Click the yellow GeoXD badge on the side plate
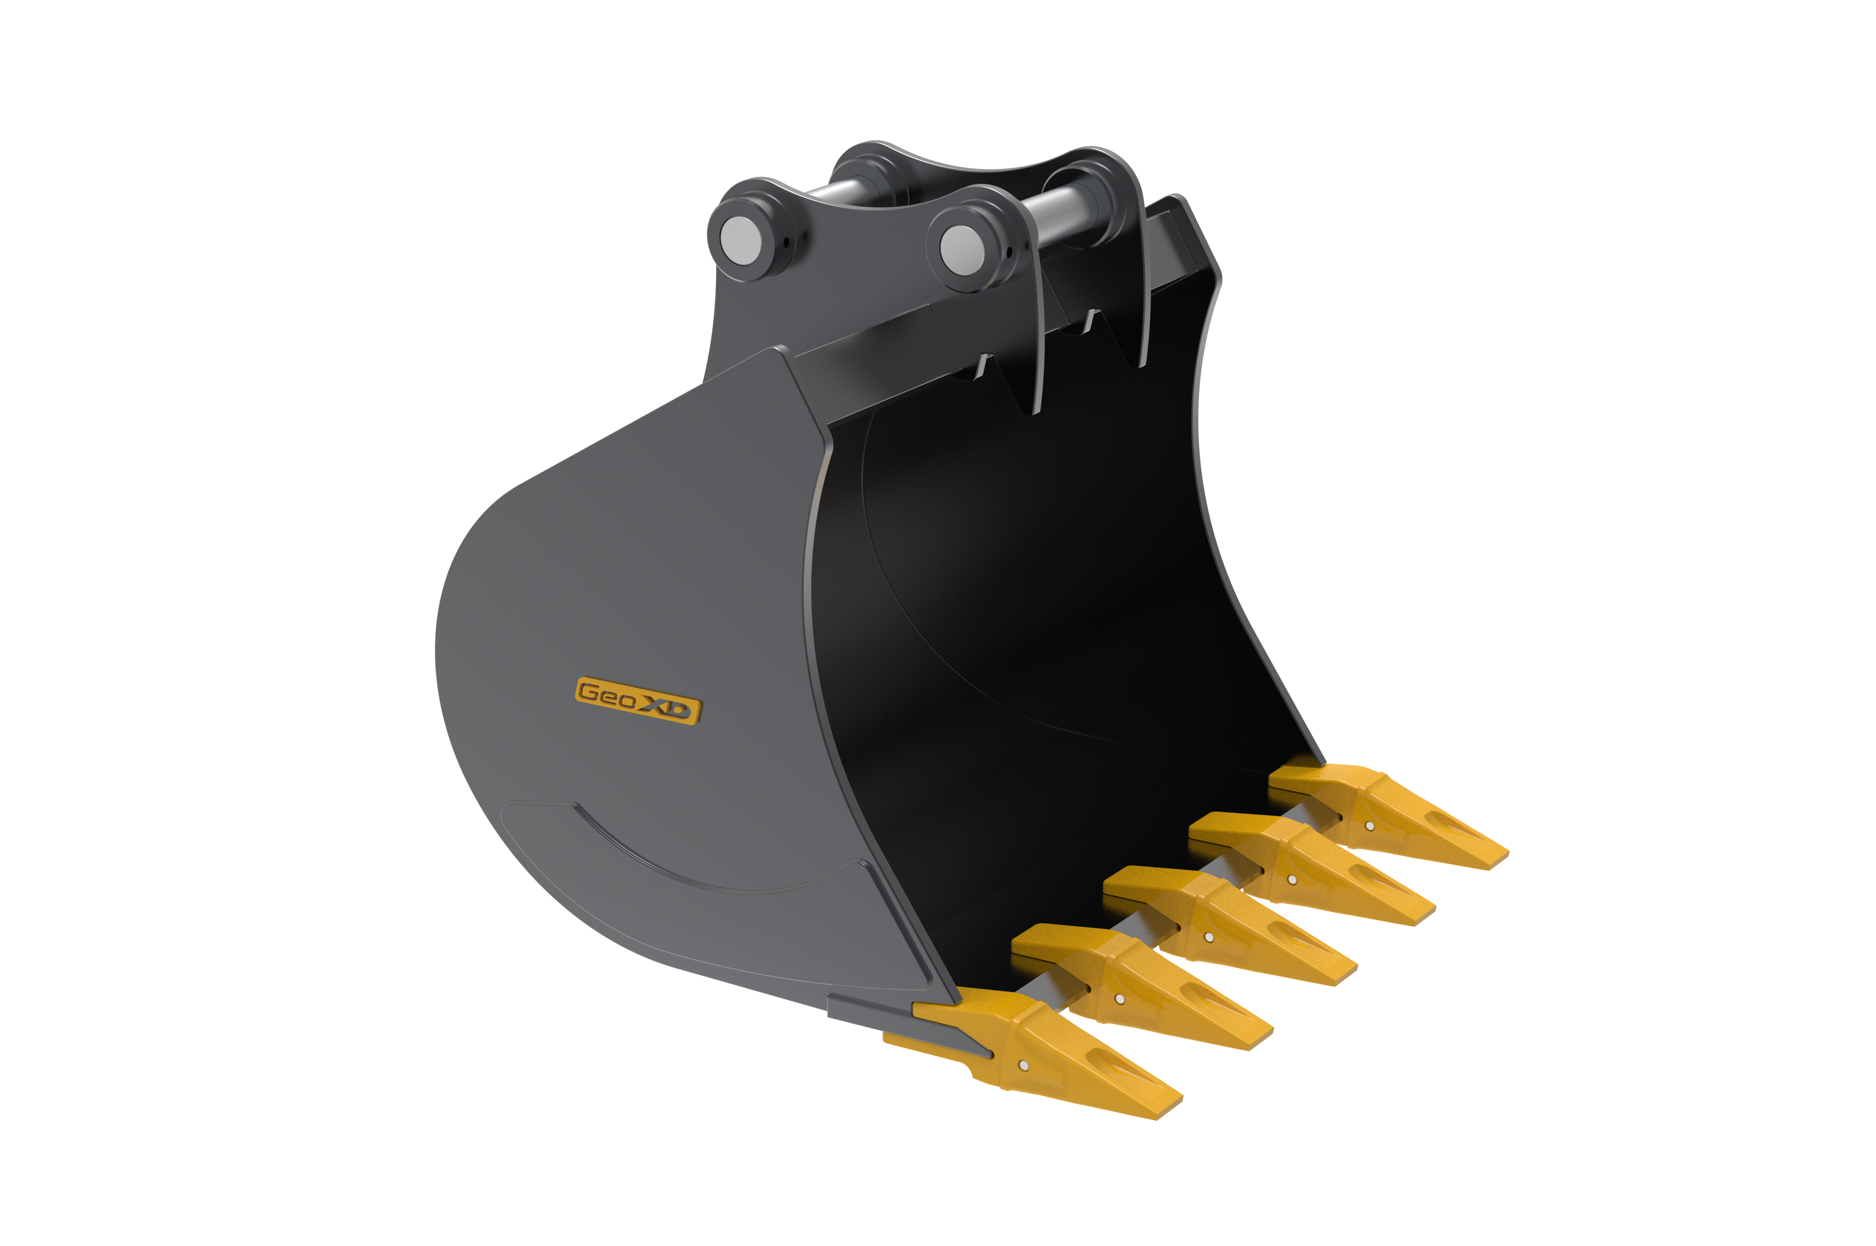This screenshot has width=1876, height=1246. (638, 700)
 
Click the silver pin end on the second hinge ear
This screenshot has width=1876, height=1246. (961, 250)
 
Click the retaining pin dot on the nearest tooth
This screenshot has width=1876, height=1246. (1023, 1065)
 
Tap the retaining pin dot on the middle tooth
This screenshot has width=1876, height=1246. (1209, 938)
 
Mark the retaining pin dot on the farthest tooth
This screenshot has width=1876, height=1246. (1370, 826)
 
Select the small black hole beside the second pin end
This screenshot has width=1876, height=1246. (1009, 253)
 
